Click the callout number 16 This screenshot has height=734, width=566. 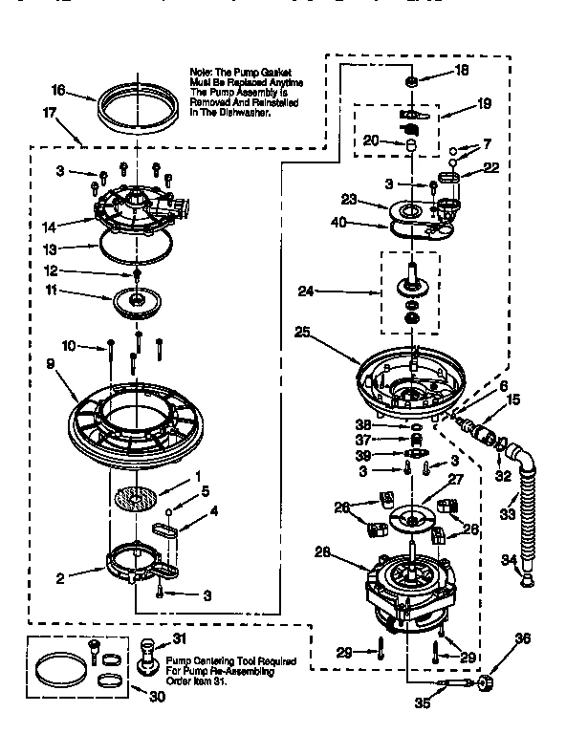(x=58, y=91)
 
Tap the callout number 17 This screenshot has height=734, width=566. (x=49, y=112)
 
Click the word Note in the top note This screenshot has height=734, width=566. (x=202, y=71)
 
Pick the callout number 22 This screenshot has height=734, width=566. (x=492, y=167)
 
